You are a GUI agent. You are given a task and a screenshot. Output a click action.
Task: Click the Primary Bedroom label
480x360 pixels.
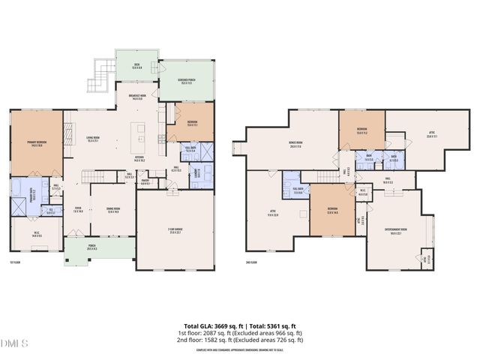point(36,145)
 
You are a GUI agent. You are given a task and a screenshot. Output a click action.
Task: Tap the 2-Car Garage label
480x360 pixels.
point(174,230)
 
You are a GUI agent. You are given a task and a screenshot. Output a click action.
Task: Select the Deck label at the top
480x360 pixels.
point(137,66)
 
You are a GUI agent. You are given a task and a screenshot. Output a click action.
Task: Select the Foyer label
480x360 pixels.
point(77,210)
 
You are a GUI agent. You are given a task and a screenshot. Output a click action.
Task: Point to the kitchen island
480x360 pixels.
point(139,134)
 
